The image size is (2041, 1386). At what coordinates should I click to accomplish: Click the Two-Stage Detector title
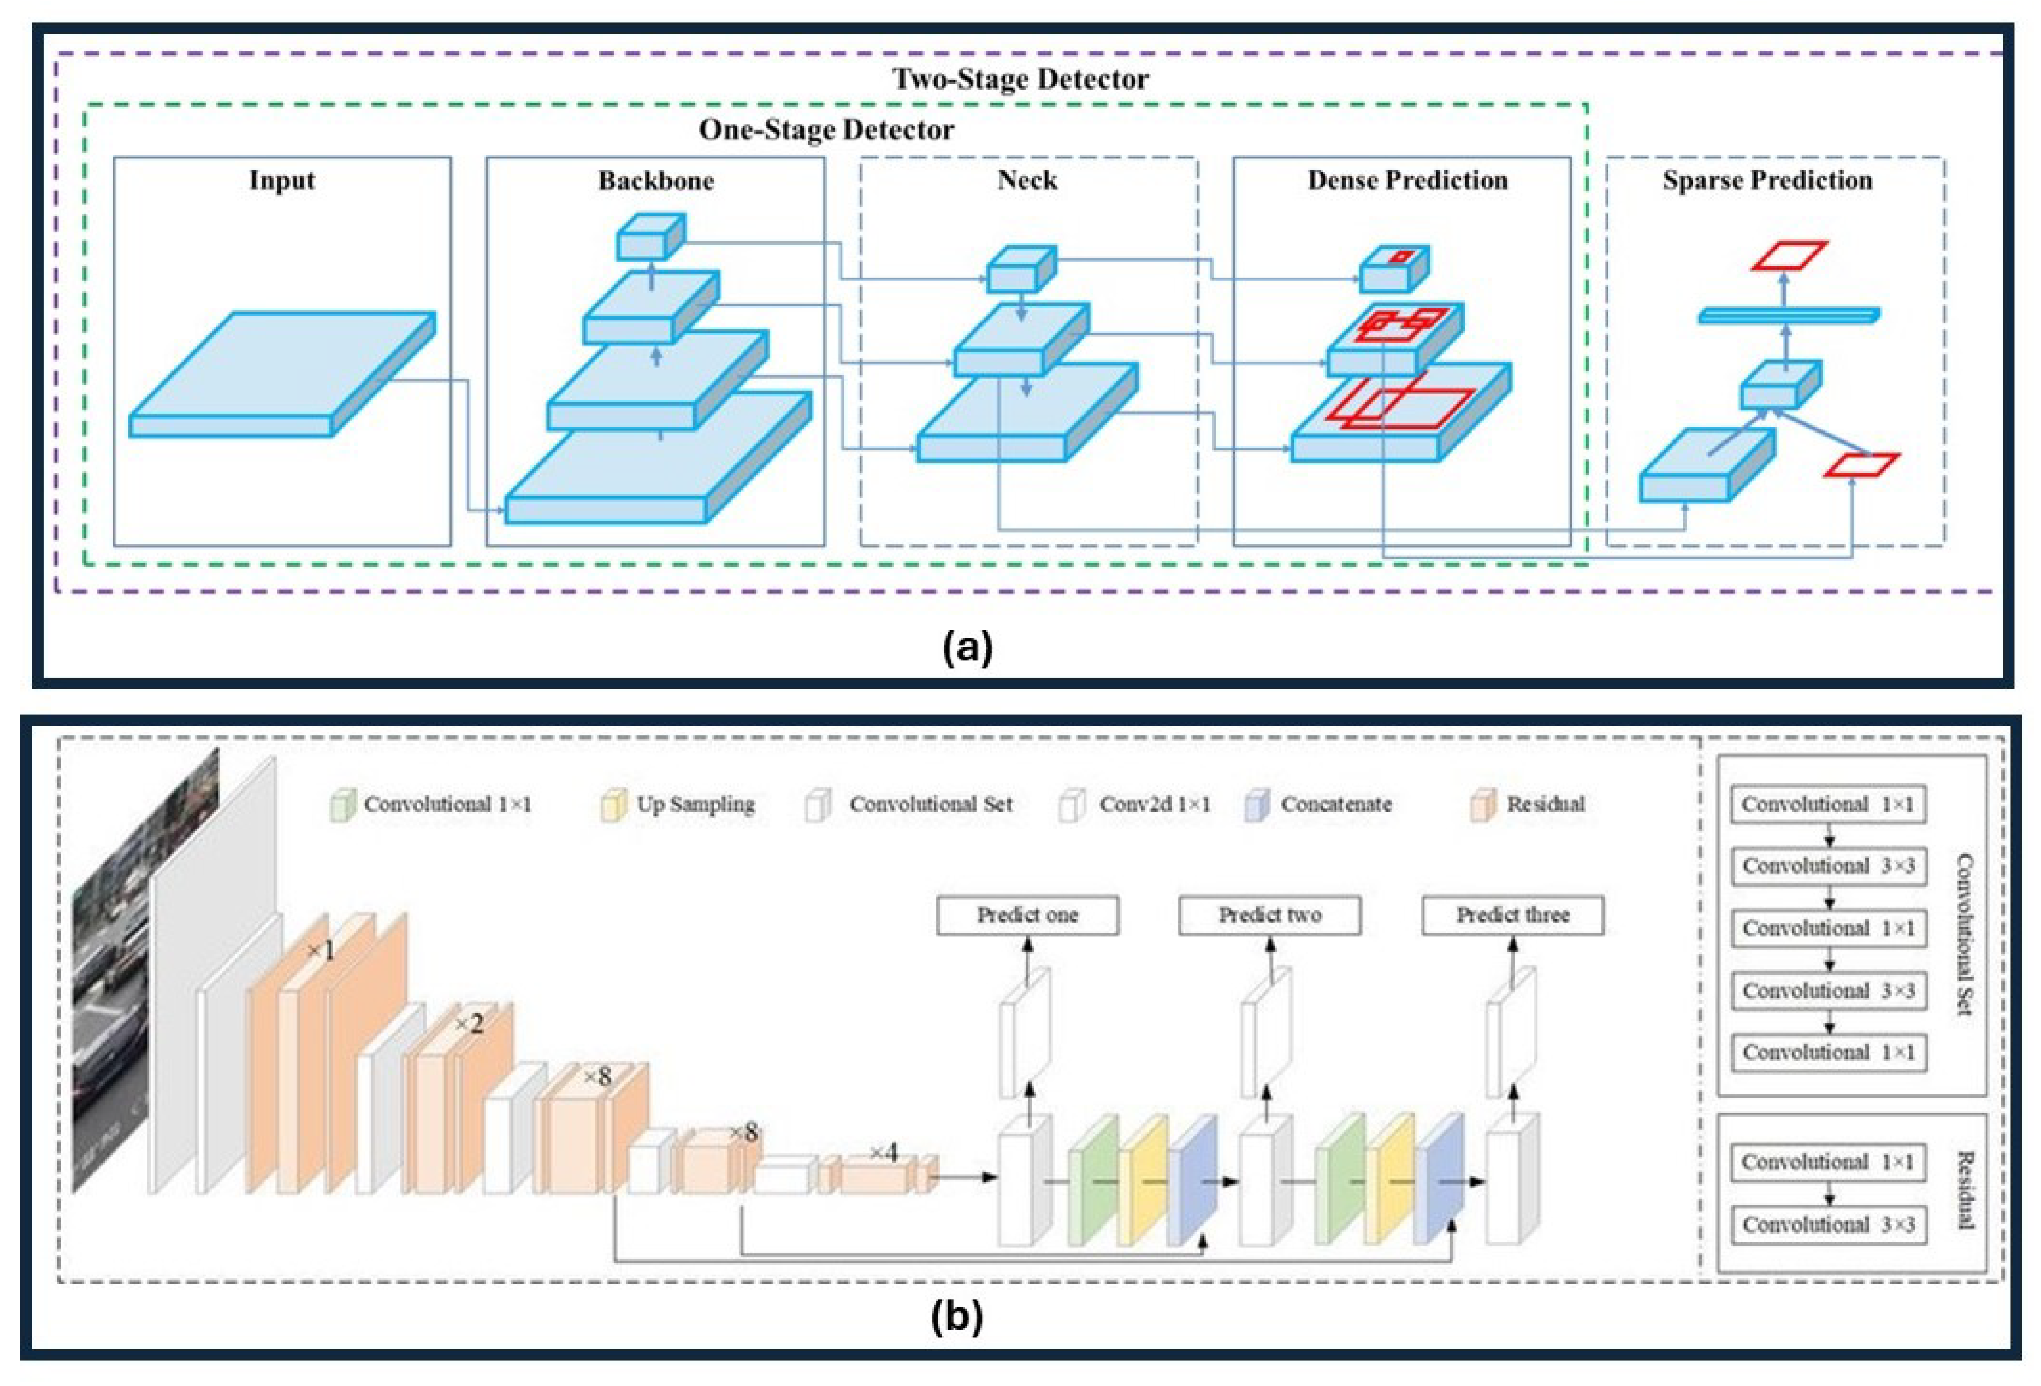(x=1020, y=79)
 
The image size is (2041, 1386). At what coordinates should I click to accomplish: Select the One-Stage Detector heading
(x=826, y=130)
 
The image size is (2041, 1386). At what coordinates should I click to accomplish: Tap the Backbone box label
(x=655, y=180)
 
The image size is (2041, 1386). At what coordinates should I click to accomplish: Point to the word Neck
(x=1027, y=180)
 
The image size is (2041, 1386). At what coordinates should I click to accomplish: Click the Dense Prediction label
(x=1407, y=180)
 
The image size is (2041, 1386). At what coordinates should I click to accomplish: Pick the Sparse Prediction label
(x=1766, y=180)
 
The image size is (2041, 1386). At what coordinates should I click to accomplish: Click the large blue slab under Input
(x=281, y=373)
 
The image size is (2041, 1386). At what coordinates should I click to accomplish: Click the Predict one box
(x=1027, y=915)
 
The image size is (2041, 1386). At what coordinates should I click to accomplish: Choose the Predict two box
(x=1269, y=915)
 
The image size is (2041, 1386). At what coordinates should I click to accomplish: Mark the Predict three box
(x=1512, y=915)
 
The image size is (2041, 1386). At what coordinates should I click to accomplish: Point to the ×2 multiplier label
(x=469, y=1024)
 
